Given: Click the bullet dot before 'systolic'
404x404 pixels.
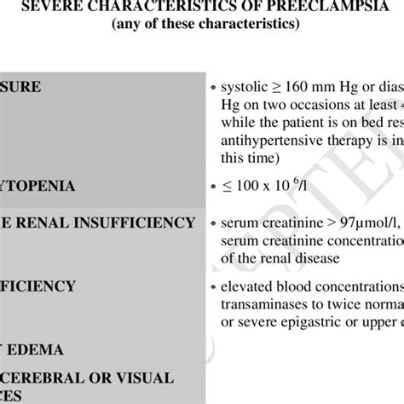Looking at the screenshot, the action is [211, 88].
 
